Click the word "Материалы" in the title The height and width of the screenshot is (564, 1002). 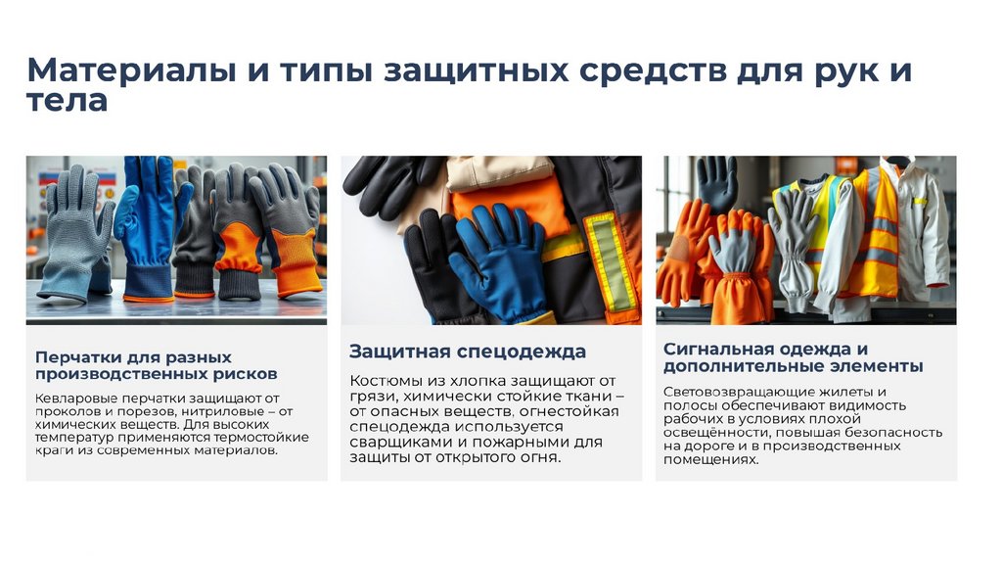(x=132, y=70)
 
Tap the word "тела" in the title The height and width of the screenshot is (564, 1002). (x=68, y=101)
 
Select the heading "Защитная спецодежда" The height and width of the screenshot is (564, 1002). (x=468, y=352)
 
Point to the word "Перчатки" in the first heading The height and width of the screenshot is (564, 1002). (x=77, y=357)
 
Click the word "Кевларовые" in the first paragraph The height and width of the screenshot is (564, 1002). (x=76, y=399)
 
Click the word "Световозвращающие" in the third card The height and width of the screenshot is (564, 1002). (x=734, y=392)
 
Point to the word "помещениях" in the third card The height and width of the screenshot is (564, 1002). (x=710, y=460)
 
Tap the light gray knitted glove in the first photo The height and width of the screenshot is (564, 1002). (x=73, y=233)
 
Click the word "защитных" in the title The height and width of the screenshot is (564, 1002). (x=477, y=70)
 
